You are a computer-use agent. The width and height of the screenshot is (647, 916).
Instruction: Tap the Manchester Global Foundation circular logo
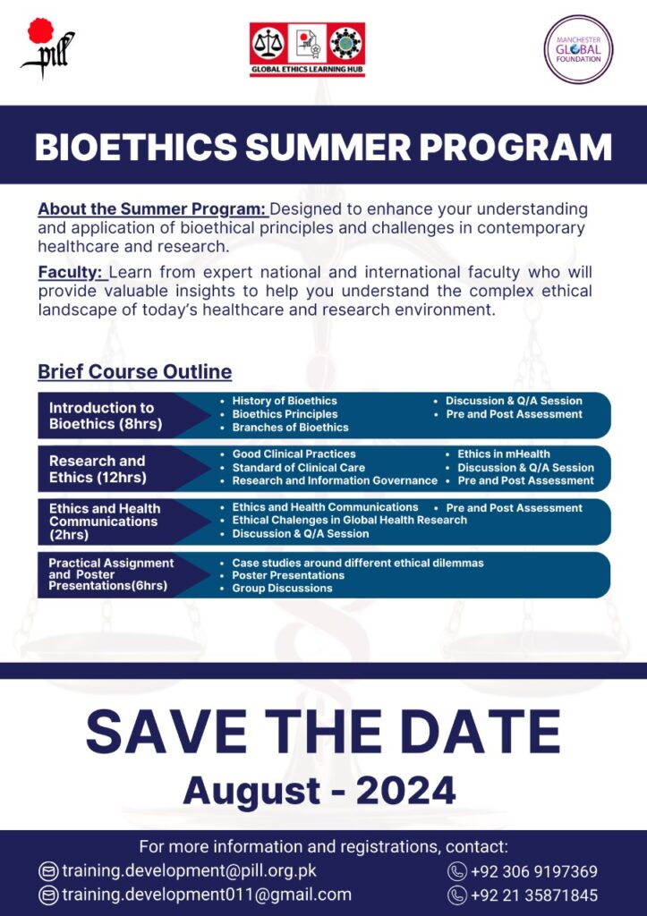(x=578, y=50)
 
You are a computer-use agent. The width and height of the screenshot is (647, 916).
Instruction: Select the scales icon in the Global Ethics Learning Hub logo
(x=268, y=45)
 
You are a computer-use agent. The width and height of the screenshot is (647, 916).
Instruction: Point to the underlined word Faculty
(x=71, y=272)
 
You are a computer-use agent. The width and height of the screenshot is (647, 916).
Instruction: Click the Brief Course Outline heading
(x=135, y=371)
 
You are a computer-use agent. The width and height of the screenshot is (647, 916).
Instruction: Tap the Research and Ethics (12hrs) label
(x=98, y=469)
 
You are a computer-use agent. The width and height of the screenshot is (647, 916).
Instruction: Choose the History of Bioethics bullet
(x=284, y=401)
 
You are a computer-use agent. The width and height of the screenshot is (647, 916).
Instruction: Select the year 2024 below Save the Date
(x=405, y=791)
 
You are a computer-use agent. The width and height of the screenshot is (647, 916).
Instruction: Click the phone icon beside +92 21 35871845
(x=456, y=895)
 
